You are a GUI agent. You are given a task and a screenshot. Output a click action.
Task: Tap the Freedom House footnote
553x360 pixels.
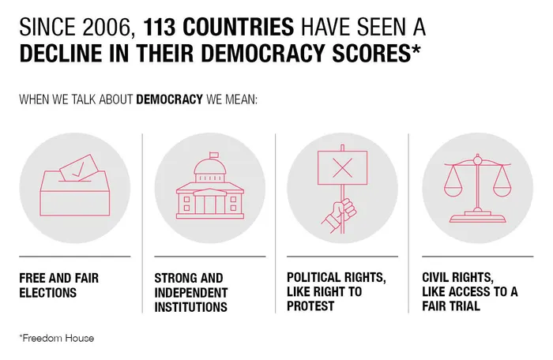click(56, 338)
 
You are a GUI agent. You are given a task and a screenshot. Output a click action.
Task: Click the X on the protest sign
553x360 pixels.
click(343, 167)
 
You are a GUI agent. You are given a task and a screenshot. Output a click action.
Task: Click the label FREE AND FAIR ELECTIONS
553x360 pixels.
click(58, 285)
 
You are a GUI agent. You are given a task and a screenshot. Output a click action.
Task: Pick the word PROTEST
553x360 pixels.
click(310, 306)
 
